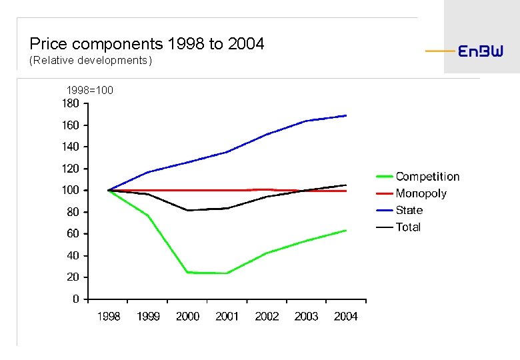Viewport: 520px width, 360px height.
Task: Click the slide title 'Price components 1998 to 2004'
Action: pyautogui.click(x=147, y=44)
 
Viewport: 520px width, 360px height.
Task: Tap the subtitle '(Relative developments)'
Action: pyautogui.click(x=91, y=61)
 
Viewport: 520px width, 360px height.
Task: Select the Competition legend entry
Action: pyautogui.click(x=427, y=177)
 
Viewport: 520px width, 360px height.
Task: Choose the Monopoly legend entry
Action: pyautogui.click(x=421, y=193)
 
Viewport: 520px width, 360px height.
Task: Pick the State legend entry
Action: pyautogui.click(x=409, y=210)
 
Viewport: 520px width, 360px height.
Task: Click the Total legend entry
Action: pyautogui.click(x=408, y=227)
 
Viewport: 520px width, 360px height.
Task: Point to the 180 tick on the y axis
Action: pyautogui.click(x=70, y=103)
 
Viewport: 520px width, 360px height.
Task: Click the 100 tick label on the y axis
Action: pyautogui.click(x=70, y=190)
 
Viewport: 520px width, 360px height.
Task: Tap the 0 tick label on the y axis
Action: pyautogui.click(x=76, y=299)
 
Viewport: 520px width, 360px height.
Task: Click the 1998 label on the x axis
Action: pyautogui.click(x=109, y=317)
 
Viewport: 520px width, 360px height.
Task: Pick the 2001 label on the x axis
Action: pyautogui.click(x=227, y=317)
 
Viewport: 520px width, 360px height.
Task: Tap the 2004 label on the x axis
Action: pyautogui.click(x=345, y=317)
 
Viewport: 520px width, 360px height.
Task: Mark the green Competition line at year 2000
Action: pyautogui.click(x=188, y=272)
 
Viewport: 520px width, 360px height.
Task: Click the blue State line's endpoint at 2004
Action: pyautogui.click(x=345, y=115)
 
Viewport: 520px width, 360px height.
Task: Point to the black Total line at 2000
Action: pyautogui.click(x=188, y=210)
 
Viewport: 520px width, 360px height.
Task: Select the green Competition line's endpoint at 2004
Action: pyautogui.click(x=345, y=231)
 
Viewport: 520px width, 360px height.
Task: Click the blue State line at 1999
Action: pyautogui.click(x=148, y=172)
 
